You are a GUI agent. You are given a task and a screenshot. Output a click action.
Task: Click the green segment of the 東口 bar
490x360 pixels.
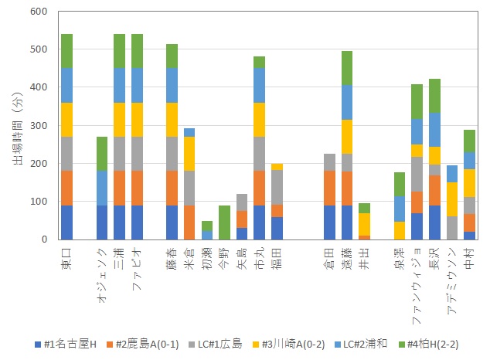click(67, 51)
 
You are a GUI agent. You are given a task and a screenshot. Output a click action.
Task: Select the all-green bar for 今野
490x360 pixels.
click(225, 222)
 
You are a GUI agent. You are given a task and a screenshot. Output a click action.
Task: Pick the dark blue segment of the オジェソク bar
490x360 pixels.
click(102, 222)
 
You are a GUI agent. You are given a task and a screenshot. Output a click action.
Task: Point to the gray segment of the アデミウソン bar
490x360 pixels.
click(452, 228)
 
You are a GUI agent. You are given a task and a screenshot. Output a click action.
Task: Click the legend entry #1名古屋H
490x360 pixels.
click(71, 343)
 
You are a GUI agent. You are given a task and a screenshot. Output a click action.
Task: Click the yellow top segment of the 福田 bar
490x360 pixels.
click(277, 167)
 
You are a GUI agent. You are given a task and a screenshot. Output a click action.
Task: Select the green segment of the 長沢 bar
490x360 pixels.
click(434, 96)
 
